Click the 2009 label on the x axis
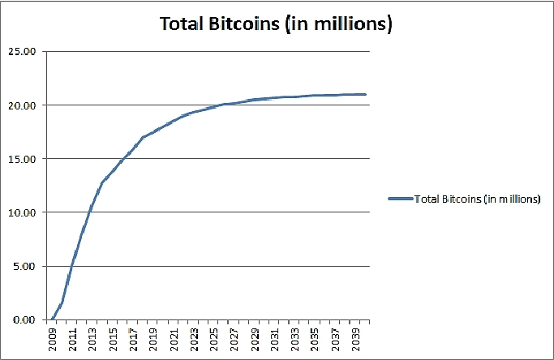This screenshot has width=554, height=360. [53, 338]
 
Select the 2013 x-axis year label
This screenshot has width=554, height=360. [93, 338]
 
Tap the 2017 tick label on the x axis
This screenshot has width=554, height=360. [134, 338]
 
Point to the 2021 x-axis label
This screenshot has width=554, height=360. [174, 338]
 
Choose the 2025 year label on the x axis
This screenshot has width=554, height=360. [215, 338]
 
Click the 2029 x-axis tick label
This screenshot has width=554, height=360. [256, 338]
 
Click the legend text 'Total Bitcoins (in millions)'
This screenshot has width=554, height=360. [477, 198]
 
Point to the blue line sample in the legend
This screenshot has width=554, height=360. [400, 198]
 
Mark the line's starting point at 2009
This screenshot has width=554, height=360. [53, 319]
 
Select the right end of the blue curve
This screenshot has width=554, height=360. [366, 95]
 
